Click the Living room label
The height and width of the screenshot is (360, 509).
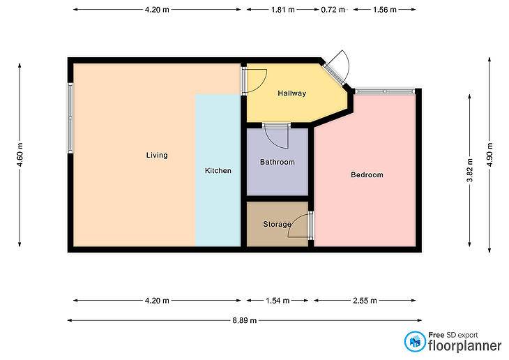(157, 156)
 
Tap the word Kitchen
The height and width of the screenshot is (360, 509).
(218, 170)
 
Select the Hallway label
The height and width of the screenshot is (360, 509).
(292, 93)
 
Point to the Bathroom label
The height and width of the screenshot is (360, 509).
(278, 162)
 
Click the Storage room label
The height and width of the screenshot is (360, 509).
(277, 224)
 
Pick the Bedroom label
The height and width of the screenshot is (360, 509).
(367, 175)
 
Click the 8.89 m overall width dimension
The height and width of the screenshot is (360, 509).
(245, 321)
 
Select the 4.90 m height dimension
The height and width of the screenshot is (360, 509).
(489, 155)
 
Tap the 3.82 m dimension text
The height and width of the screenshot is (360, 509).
(469, 170)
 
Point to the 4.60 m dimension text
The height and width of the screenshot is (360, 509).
(20, 155)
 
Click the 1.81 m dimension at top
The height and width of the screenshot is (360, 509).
(283, 10)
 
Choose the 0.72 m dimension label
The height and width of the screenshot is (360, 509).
(333, 10)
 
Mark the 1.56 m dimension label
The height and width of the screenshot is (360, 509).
(385, 10)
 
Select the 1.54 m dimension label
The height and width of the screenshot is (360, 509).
(278, 301)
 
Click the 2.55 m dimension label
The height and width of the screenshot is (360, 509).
(365, 301)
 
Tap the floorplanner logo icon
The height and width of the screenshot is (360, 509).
(415, 341)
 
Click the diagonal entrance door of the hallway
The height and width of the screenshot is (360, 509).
(337, 69)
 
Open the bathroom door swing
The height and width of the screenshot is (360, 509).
(277, 137)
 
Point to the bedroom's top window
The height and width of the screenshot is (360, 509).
(385, 91)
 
